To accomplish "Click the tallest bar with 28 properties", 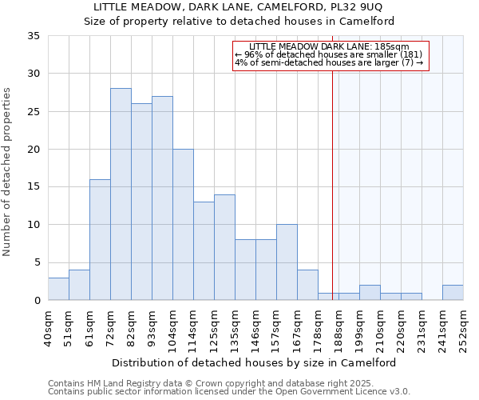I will [121, 194].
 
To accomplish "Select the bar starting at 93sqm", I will [162, 198].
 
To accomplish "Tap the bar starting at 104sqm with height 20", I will [183, 225].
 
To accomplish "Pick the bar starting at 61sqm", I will [100, 240].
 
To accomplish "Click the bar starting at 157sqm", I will [287, 262].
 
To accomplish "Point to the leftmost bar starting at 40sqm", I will [58, 289].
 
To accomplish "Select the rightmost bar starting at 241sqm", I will [453, 293].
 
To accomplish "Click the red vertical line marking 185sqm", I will [332, 176].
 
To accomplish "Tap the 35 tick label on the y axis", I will [34, 36].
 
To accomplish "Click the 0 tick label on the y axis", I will [37, 301].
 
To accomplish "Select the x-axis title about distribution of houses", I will [254, 362].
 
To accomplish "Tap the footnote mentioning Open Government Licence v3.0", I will [229, 392].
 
